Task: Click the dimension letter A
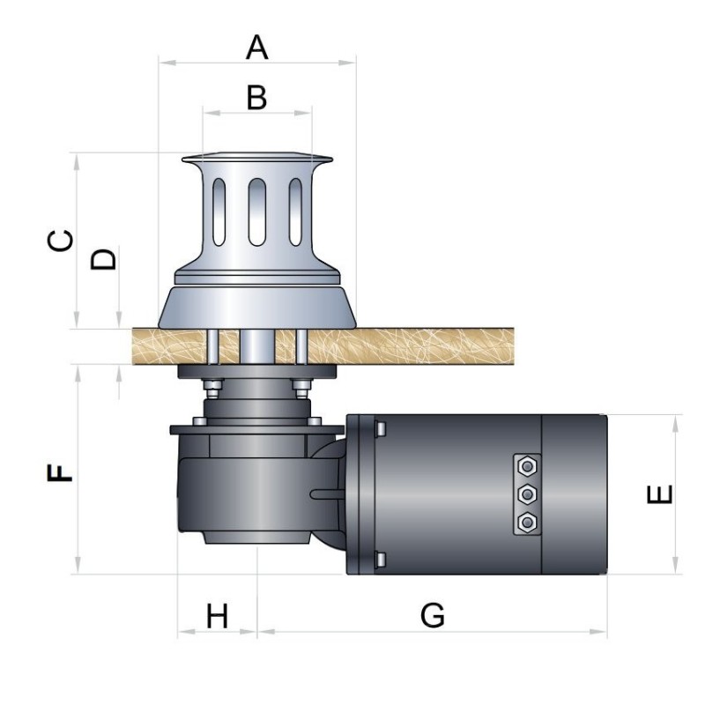pos(256,48)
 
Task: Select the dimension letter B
pos(256,98)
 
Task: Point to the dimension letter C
pos(60,241)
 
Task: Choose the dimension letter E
pos(659,494)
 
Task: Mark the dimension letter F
pos(59,473)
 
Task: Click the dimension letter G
pos(433,615)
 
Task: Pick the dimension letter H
pos(217,616)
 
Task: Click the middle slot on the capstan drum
pos(256,211)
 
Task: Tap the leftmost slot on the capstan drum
pos(219,211)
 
